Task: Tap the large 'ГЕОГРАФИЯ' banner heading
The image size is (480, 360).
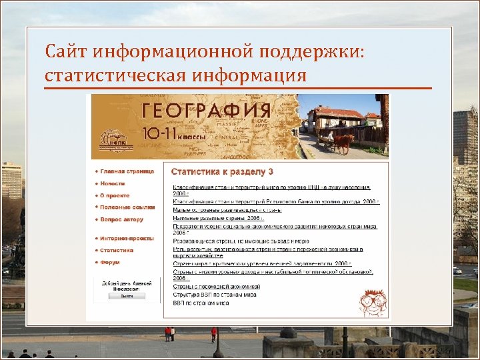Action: pyautogui.click(x=206, y=111)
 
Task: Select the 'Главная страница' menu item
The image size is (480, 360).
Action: pyautogui.click(x=127, y=171)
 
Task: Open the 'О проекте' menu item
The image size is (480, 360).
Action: pyautogui.click(x=115, y=195)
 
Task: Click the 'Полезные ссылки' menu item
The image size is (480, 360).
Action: pyautogui.click(x=127, y=207)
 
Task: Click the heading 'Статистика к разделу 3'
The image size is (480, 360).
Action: pyautogui.click(x=223, y=172)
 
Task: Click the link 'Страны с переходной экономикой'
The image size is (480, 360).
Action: pyautogui.click(x=217, y=286)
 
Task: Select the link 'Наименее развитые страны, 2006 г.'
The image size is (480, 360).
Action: pyautogui.click(x=219, y=217)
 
